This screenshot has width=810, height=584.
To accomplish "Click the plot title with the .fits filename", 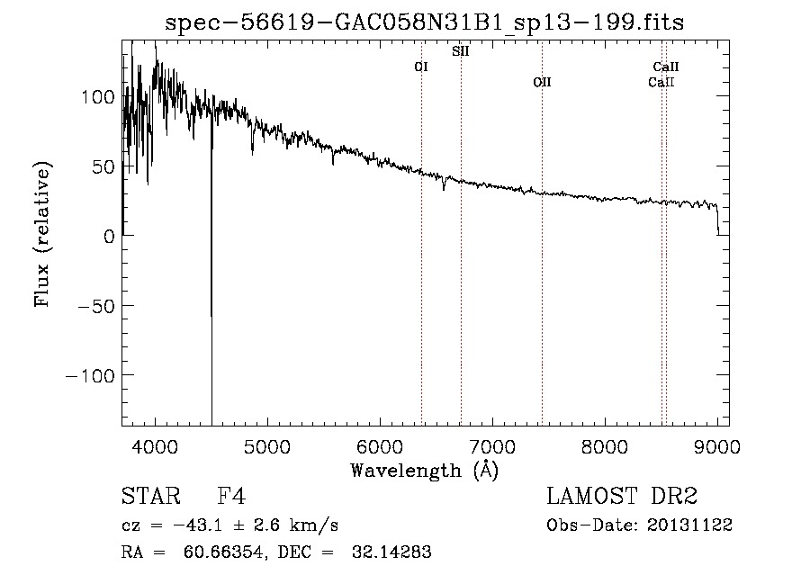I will [x=425, y=22].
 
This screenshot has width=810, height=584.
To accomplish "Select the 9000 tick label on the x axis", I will [x=717, y=446].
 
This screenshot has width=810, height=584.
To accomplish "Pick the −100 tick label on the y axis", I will [x=91, y=374].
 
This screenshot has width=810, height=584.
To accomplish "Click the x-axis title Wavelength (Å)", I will [x=424, y=470].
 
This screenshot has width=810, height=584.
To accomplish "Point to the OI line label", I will [x=420, y=67].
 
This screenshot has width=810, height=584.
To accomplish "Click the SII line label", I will [x=460, y=51].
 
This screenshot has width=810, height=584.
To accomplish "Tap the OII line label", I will [x=542, y=82].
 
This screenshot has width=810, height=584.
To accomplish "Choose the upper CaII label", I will [x=666, y=67].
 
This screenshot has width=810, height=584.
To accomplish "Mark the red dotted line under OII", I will [x=542, y=270].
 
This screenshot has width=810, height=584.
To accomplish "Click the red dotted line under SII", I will [x=461, y=270].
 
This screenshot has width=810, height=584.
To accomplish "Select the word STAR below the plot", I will [x=148, y=497].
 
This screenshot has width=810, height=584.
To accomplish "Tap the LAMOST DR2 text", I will [x=622, y=497].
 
